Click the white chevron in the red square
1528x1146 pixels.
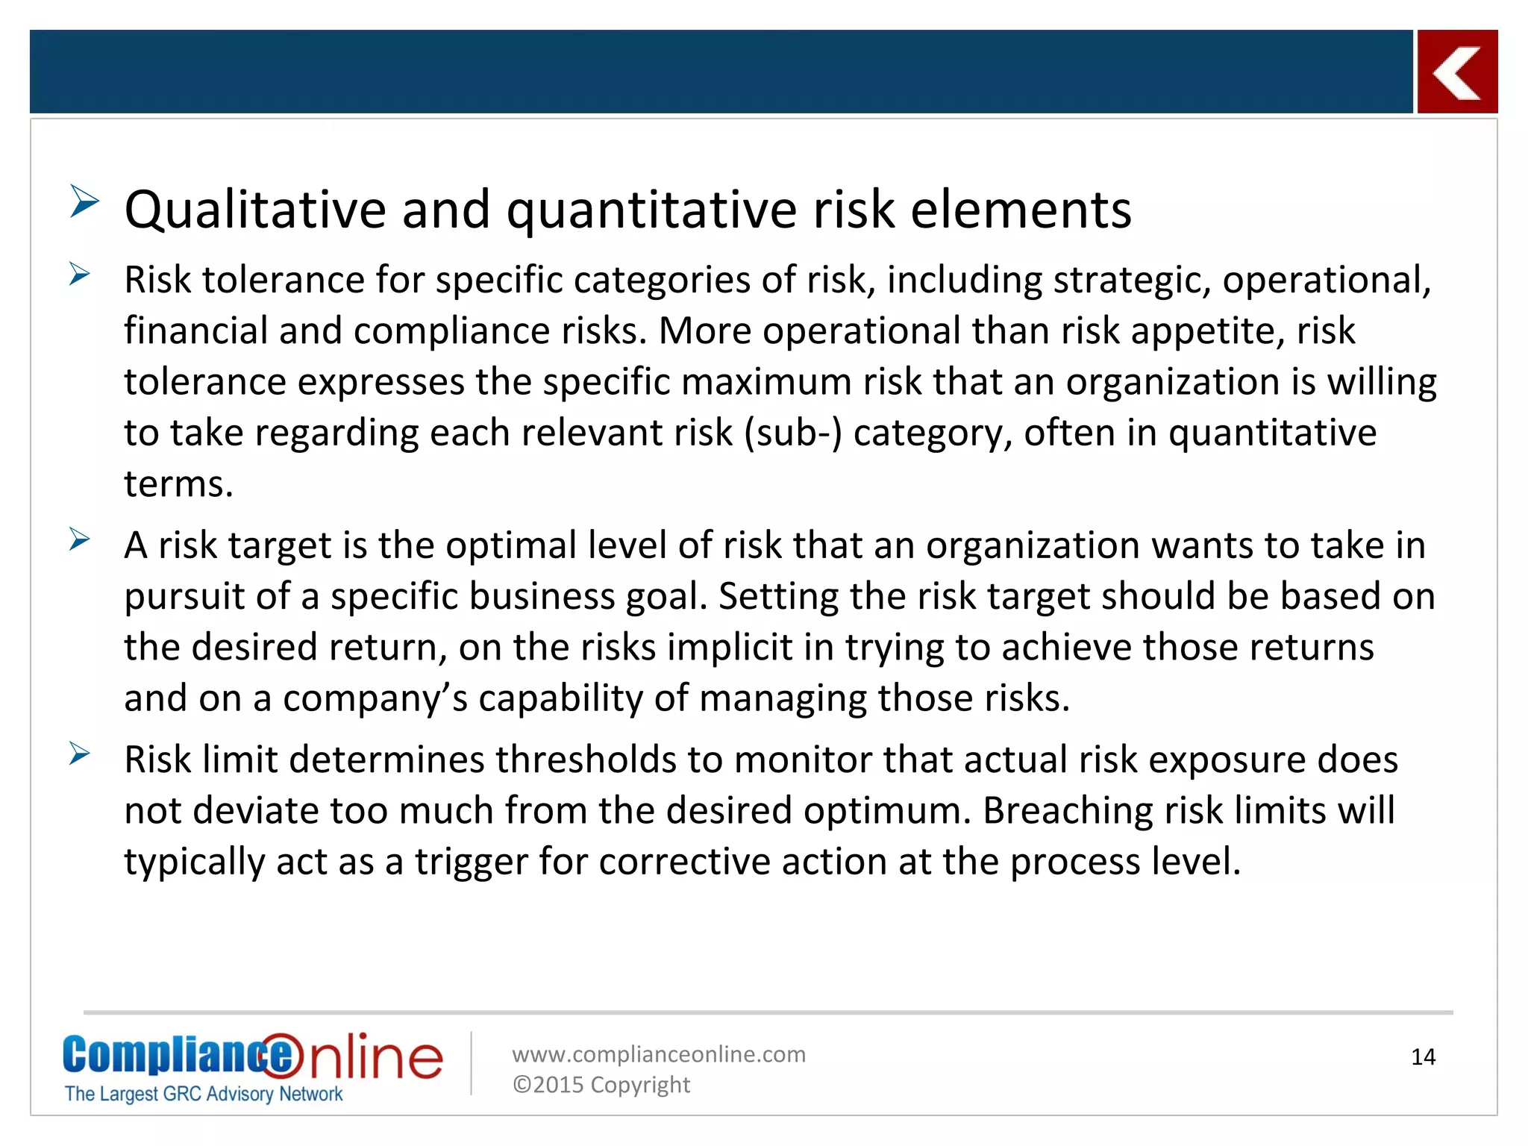coord(1456,72)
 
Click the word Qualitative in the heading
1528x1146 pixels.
coord(254,210)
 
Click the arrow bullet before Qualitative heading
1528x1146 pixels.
coord(84,201)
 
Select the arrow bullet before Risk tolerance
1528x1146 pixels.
coord(79,274)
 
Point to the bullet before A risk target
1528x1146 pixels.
coord(79,539)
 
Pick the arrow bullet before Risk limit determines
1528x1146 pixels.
coord(79,754)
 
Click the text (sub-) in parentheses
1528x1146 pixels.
coord(793,433)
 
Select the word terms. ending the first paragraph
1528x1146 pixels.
coord(178,484)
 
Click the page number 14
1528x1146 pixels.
coord(1423,1057)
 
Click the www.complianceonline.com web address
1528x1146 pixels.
coord(659,1054)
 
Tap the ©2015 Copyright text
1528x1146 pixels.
coord(601,1085)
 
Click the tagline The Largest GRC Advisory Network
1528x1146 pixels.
coord(204,1094)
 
